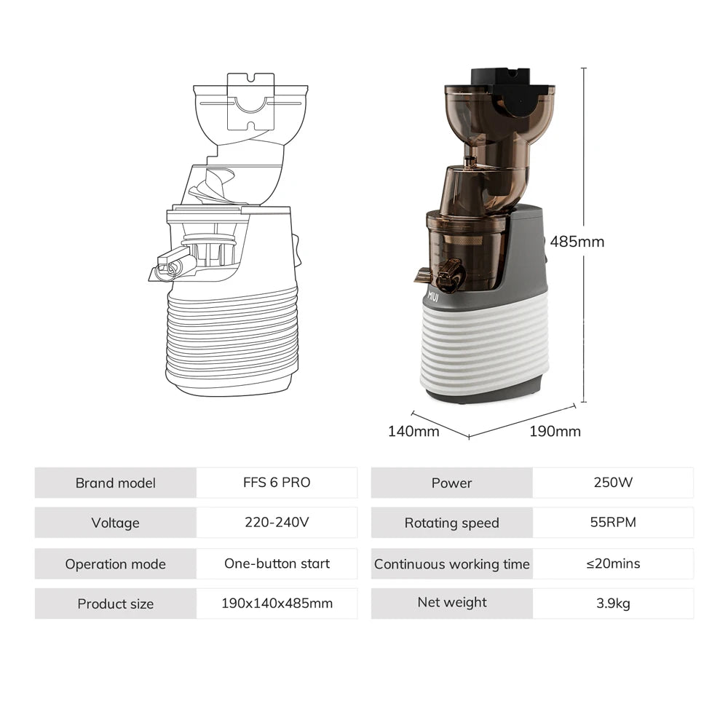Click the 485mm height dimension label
577,242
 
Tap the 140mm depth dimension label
414,431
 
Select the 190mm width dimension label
555,431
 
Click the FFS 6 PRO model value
277,483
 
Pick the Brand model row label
115,483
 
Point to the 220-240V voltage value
277,523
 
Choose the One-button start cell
277,563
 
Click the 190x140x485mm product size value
277,604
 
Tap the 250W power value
613,483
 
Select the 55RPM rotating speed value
613,523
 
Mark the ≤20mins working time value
613,563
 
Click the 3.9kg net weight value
613,604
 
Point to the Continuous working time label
451,564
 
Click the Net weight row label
451,602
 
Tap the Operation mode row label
115,564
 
